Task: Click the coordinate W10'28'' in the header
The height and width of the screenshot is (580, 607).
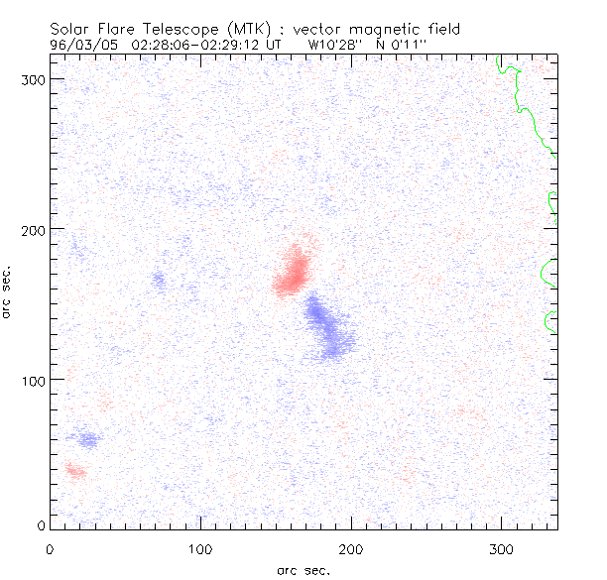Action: click(335, 45)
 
